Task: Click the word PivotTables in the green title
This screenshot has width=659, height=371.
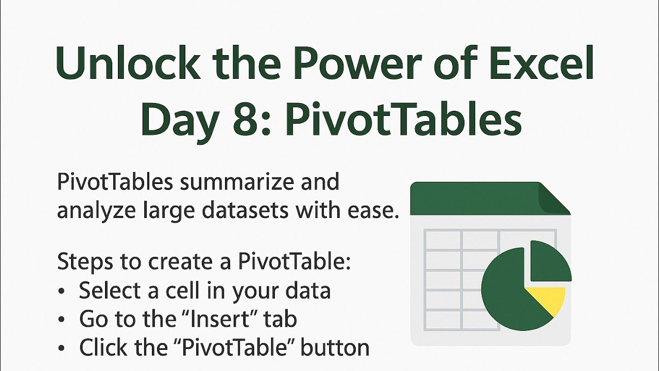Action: coord(403,120)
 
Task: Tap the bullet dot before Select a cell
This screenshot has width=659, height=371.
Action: coord(62,292)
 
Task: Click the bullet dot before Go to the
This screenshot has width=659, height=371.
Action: coord(62,321)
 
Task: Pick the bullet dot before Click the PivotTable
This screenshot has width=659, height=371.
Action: coord(62,349)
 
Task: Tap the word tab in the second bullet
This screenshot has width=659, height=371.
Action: coord(281,319)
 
